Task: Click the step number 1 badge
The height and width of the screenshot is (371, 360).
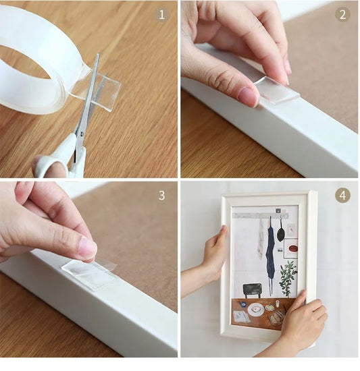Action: point(161,14)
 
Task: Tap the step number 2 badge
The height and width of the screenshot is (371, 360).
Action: point(342,14)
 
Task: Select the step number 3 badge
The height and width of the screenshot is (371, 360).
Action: point(161,196)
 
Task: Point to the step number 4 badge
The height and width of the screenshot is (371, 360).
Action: point(342,196)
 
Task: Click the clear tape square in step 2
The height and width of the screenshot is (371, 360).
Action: point(277,90)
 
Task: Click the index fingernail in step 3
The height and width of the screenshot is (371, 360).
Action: point(87,248)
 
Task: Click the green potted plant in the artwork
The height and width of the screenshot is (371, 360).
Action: point(288,278)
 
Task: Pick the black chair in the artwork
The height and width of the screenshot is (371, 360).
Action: point(253,289)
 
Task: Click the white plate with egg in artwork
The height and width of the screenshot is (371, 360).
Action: point(256,309)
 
